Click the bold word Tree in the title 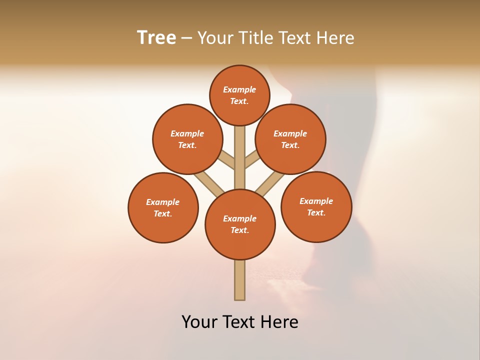pyautogui.click(x=156, y=37)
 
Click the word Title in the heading pyautogui.click(x=255, y=38)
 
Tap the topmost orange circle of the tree pyautogui.click(x=239, y=95)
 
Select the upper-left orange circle pyautogui.click(x=187, y=139)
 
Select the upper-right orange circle pyautogui.click(x=290, y=139)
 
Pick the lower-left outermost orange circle pyautogui.click(x=163, y=207)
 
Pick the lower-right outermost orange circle pyautogui.click(x=316, y=206)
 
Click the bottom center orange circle pyautogui.click(x=240, y=224)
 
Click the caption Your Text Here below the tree pyautogui.click(x=240, y=322)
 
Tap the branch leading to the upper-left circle pyautogui.click(x=226, y=159)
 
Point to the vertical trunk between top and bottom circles pyautogui.click(x=240, y=157)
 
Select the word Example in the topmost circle pyautogui.click(x=239, y=89)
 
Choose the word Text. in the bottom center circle pyautogui.click(x=239, y=230)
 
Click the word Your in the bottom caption pyautogui.click(x=198, y=322)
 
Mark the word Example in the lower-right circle pyautogui.click(x=316, y=201)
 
